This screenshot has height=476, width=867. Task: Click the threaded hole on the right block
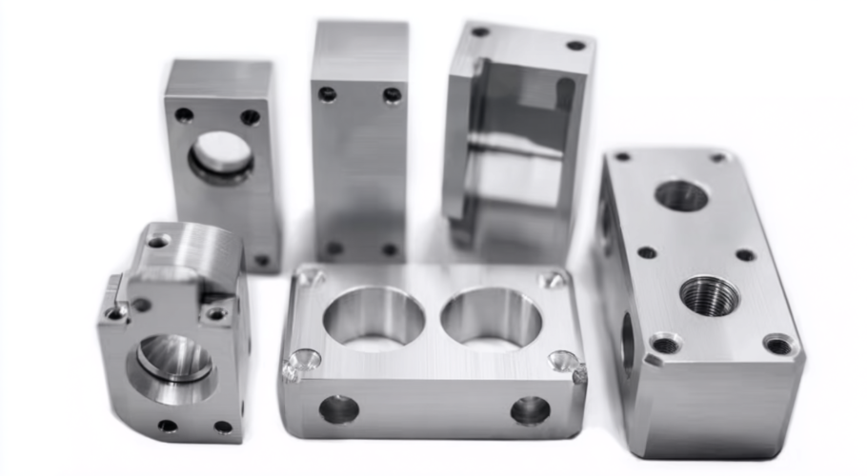tap(709, 295)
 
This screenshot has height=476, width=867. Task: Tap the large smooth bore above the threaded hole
tap(681, 196)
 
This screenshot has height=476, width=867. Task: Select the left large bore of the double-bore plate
tap(373, 317)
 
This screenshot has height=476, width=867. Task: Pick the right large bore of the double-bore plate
tap(492, 317)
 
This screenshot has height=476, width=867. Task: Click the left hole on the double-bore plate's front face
tap(338, 409)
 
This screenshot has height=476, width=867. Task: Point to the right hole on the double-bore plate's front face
tap(530, 410)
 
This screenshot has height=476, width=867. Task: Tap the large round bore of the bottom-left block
tap(174, 359)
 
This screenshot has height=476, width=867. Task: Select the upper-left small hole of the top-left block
tap(184, 115)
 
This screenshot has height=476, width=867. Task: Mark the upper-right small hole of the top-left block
tap(250, 117)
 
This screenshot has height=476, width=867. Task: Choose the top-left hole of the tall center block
tap(328, 94)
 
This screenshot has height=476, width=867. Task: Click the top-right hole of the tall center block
tap(392, 95)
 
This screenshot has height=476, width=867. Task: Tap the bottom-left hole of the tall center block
tap(334, 248)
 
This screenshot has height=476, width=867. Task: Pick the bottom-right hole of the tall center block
tap(390, 249)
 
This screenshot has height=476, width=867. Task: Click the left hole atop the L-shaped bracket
tap(480, 31)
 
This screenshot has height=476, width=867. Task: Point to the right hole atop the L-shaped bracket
tap(575, 45)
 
